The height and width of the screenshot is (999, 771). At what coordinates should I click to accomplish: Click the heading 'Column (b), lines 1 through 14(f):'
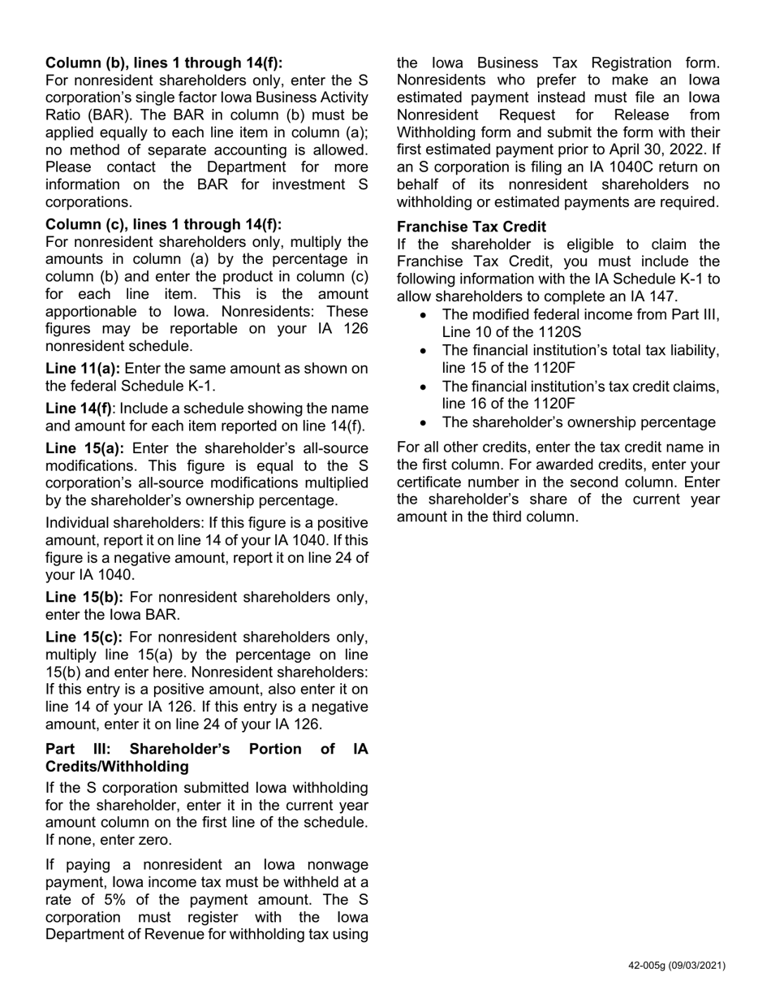(x=164, y=63)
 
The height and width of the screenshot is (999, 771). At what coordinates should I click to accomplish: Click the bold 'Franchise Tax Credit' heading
(x=471, y=227)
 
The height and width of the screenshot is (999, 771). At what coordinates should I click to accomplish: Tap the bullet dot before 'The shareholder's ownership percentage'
(x=425, y=422)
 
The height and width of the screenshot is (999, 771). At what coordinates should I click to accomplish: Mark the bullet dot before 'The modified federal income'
(x=425, y=315)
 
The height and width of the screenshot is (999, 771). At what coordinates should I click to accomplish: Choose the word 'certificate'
(x=432, y=482)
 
